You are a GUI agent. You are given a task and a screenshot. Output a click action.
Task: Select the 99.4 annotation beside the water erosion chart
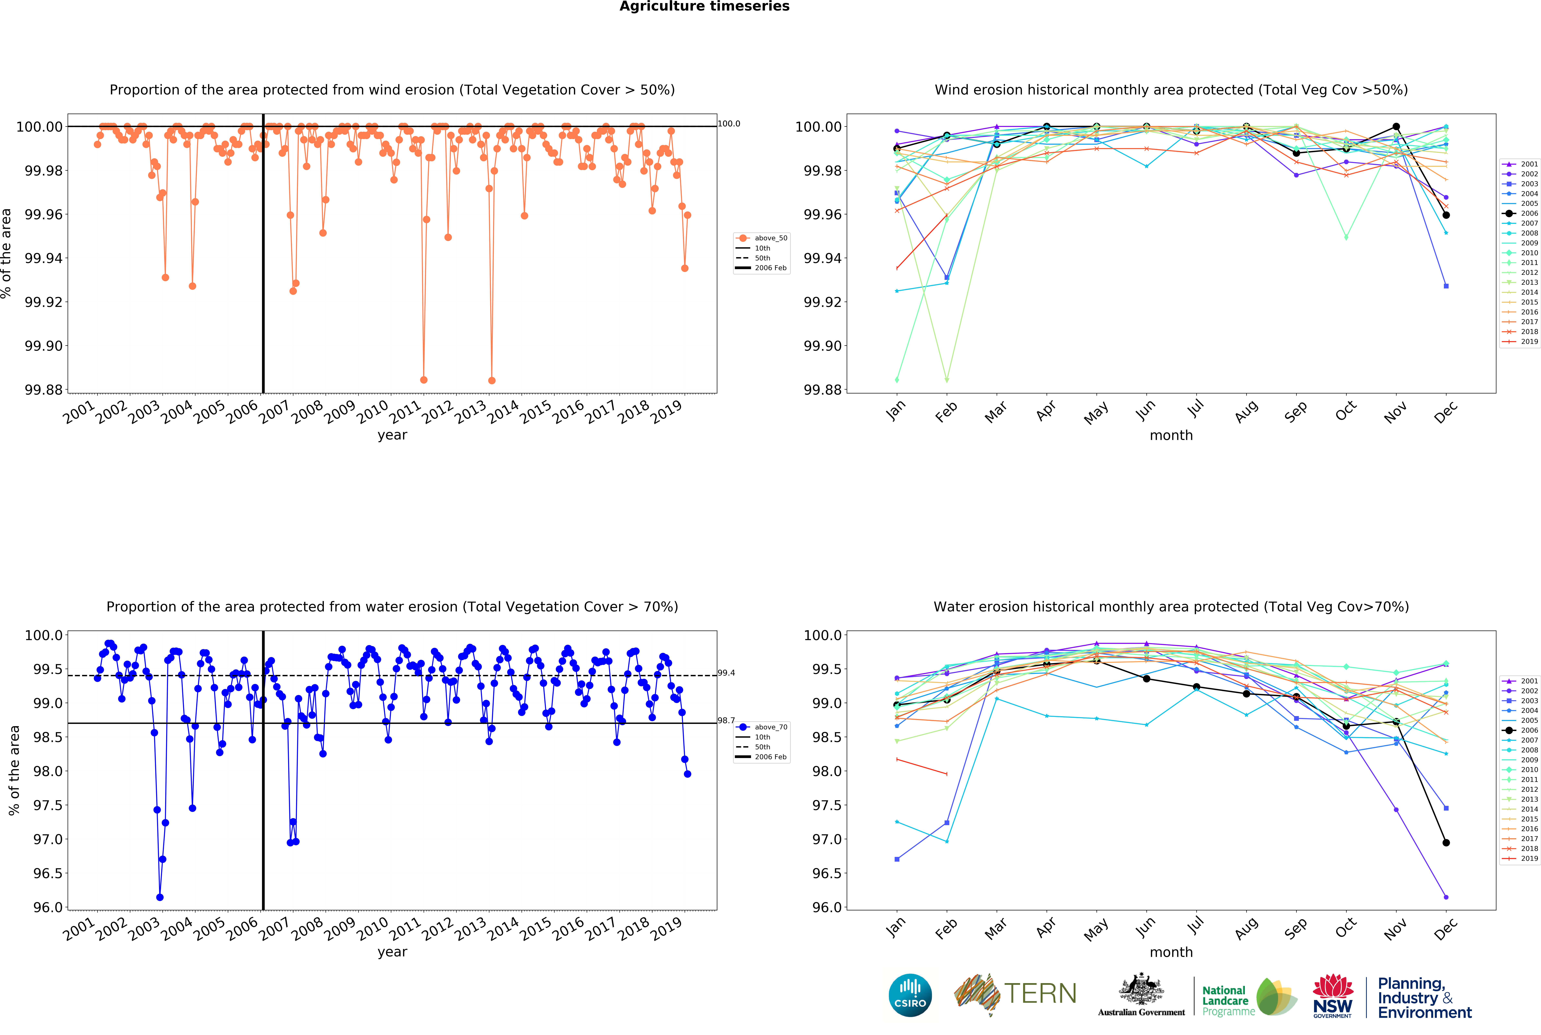pos(726,673)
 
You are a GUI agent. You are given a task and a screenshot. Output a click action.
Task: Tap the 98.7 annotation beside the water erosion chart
pos(726,720)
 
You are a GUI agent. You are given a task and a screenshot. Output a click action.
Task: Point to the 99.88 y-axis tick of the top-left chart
pos(44,389)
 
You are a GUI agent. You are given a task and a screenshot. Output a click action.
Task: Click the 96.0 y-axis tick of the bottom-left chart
pos(48,907)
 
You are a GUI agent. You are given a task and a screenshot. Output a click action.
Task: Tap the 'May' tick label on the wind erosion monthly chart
pos(1096,413)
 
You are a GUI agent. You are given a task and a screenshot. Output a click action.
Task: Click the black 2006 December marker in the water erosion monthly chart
pos(1446,842)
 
